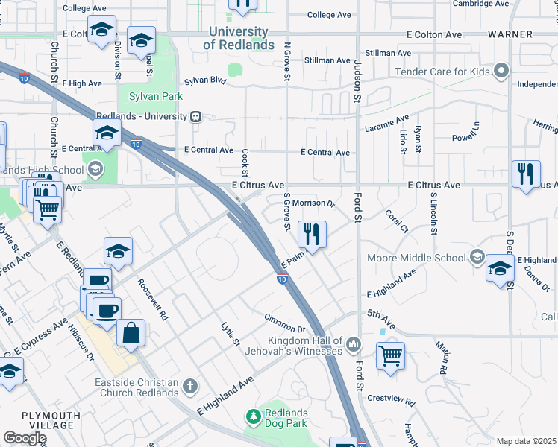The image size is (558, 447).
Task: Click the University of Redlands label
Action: pos(238,39)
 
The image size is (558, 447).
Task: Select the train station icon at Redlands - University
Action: pos(196,117)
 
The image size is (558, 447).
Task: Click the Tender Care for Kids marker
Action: pos(501,72)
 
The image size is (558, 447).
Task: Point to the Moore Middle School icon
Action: pos(476,258)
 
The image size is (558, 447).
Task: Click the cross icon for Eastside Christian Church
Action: pos(190,387)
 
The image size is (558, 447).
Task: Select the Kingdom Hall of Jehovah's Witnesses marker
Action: pos(354,344)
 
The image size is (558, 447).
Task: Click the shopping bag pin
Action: pos(131,335)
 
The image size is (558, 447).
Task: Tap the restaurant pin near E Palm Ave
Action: pos(313,235)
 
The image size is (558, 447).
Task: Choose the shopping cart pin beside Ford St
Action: pos(391,355)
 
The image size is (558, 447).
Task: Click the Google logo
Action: pos(24,438)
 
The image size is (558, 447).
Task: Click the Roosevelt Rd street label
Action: pos(153,299)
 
